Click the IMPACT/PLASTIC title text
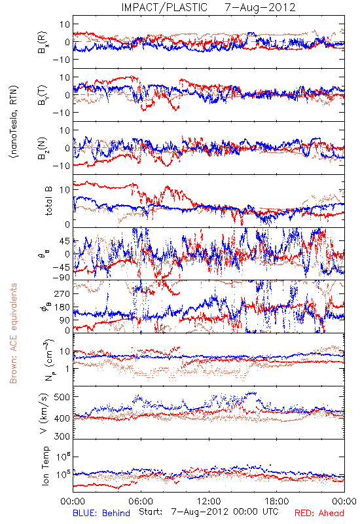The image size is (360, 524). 164,7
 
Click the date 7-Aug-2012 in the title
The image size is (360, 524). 260,7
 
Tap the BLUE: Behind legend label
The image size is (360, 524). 101,513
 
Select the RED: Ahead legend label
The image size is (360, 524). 319,513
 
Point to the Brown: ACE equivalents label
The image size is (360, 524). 13,333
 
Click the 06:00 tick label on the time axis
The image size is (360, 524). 141,501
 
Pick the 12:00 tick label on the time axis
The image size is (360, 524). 209,501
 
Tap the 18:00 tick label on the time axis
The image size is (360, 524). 277,501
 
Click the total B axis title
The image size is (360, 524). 48,201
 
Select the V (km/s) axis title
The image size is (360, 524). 43,413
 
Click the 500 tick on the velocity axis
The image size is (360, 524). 62,397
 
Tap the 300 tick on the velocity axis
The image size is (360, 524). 62,436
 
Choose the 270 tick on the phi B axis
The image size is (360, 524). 62,293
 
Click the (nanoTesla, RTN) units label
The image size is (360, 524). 13,122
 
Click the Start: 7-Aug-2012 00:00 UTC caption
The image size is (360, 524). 208,512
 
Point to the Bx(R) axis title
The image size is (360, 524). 43,43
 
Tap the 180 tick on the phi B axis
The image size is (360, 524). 62,307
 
